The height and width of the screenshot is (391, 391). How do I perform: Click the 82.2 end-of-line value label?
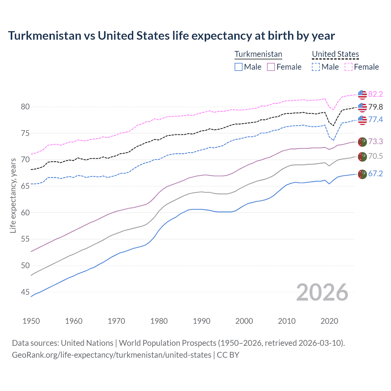click(375, 94)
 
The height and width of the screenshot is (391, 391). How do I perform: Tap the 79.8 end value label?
click(375, 107)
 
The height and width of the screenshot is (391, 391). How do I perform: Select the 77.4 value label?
click(375, 119)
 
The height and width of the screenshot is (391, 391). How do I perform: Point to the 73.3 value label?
click(375, 141)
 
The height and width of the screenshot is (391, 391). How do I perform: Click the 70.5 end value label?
click(375, 156)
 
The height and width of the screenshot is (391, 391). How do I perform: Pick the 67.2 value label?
click(375, 174)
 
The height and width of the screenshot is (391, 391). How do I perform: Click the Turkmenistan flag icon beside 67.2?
click(362, 174)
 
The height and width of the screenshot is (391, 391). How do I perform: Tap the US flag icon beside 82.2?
click(362, 95)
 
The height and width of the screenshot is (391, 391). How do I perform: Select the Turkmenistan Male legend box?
click(239, 67)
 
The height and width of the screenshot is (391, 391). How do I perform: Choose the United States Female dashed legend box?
click(349, 67)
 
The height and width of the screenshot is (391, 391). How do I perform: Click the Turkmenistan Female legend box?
click(271, 67)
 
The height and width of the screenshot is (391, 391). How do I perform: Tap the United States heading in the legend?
click(335, 54)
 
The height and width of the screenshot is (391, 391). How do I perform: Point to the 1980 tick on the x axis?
click(159, 321)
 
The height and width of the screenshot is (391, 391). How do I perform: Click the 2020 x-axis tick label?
click(329, 321)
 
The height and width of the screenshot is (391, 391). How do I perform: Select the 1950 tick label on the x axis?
click(31, 321)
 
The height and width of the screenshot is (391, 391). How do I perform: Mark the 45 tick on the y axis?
click(25, 292)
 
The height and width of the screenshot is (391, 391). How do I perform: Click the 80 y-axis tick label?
click(25, 107)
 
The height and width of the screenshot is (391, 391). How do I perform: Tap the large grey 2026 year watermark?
click(322, 292)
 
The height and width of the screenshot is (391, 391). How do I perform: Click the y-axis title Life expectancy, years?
click(13, 195)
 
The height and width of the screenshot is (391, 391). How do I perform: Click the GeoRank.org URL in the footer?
click(111, 355)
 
